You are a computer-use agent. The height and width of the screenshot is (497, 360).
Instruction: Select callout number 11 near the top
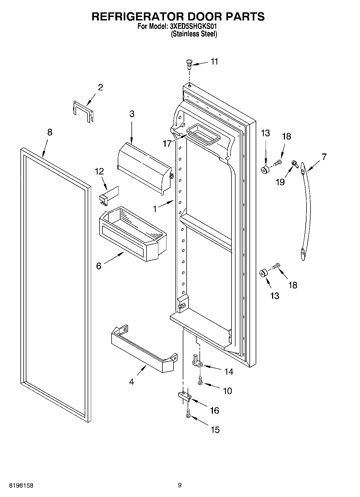point(214,62)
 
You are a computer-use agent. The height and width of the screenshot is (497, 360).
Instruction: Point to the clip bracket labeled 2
point(84,112)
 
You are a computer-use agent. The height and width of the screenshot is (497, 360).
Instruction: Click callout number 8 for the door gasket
point(50,132)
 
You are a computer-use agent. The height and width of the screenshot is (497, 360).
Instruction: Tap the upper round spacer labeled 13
point(266,170)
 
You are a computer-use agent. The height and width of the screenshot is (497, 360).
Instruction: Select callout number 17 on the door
point(167,143)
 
